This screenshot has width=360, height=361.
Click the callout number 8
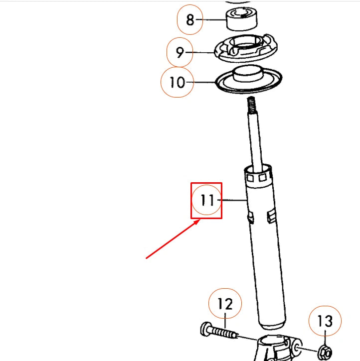[x=189, y=20]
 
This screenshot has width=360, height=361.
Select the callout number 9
[x=180, y=52]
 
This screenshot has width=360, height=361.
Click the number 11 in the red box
[x=206, y=200]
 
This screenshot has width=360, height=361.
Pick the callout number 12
[x=225, y=303]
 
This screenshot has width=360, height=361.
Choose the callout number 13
[x=325, y=321]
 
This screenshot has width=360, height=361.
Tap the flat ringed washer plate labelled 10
[x=248, y=80]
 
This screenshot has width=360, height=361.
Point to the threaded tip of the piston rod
[x=251, y=106]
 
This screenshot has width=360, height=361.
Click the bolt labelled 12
[x=219, y=331]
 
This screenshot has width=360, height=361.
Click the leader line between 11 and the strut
[x=233, y=200]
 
